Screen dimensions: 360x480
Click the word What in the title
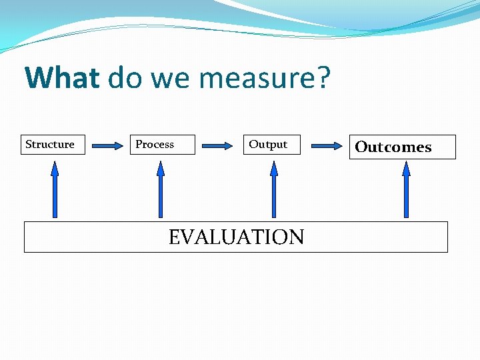pos(61,79)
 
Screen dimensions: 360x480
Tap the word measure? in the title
pos(265,79)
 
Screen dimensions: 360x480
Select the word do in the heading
pos(125,79)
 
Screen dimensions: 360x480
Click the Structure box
pos(54,145)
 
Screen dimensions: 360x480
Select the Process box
pos(162,145)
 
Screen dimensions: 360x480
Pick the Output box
pos(273,145)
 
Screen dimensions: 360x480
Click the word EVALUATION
pos(236,237)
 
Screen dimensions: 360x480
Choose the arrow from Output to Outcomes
pos(327,145)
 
